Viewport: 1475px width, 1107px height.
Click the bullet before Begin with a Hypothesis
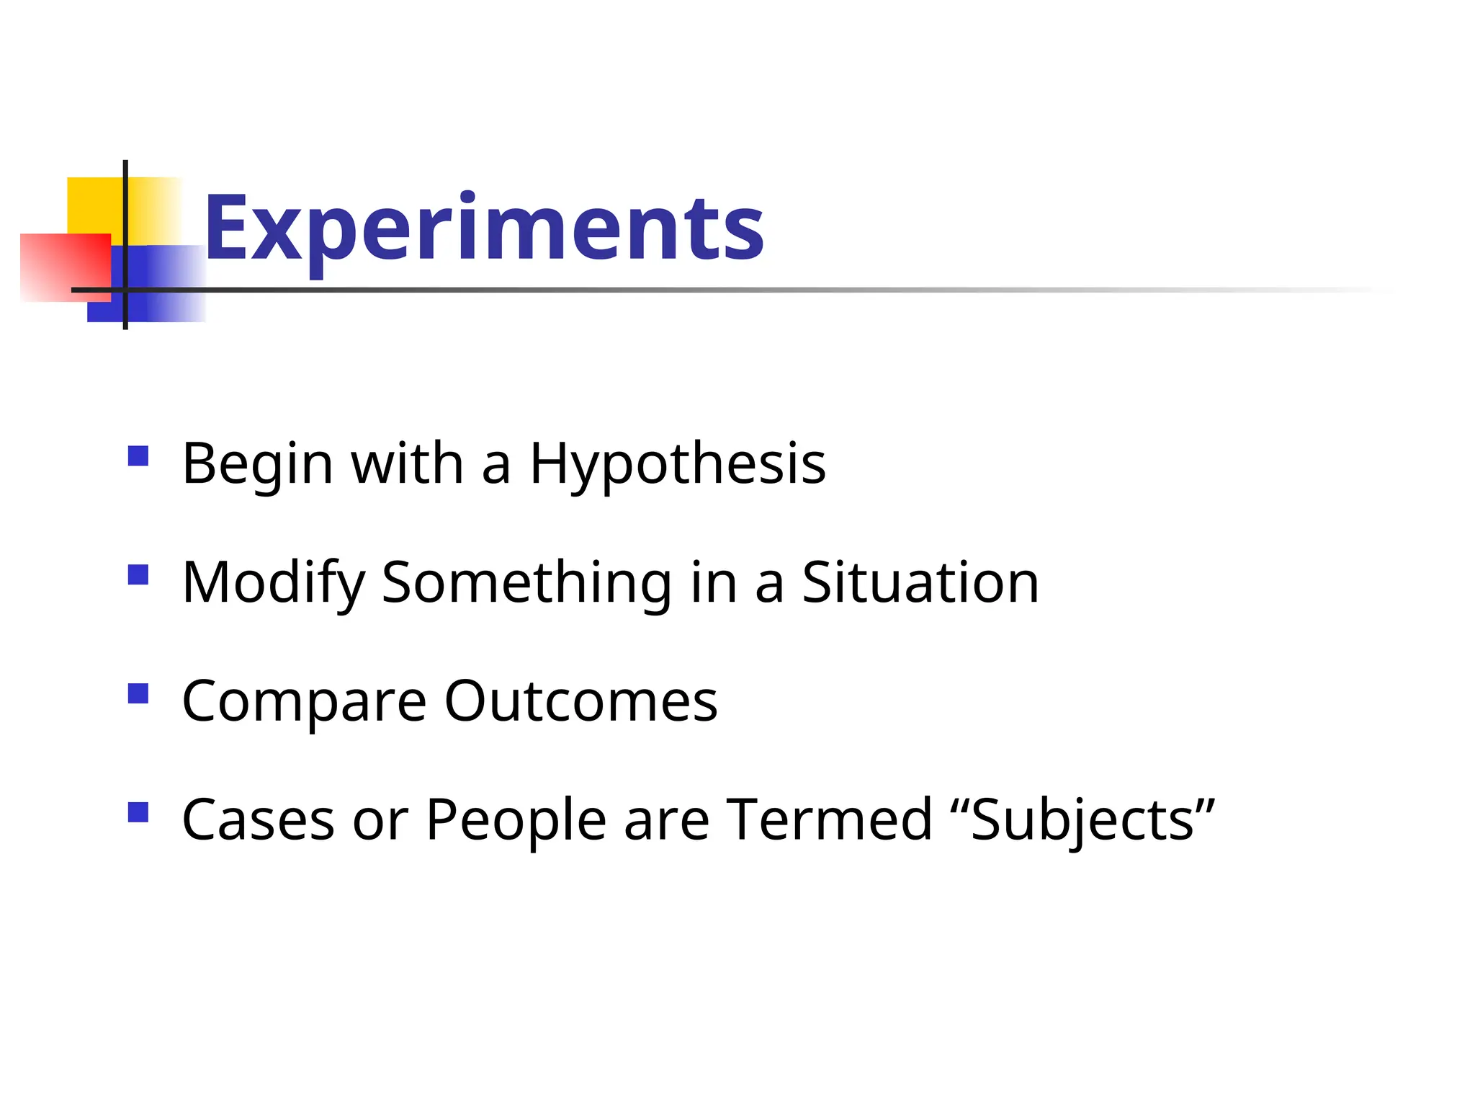(x=138, y=456)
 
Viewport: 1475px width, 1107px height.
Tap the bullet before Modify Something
(x=138, y=574)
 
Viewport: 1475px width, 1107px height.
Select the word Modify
(x=273, y=583)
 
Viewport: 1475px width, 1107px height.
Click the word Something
(x=526, y=583)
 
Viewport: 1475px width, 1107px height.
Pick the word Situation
(x=920, y=583)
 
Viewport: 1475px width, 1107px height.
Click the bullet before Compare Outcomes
(x=138, y=693)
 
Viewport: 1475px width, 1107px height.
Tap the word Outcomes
(x=580, y=702)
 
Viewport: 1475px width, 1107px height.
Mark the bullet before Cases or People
(x=138, y=812)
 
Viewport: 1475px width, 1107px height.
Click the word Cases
(x=258, y=821)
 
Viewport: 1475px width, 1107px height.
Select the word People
(x=516, y=821)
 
